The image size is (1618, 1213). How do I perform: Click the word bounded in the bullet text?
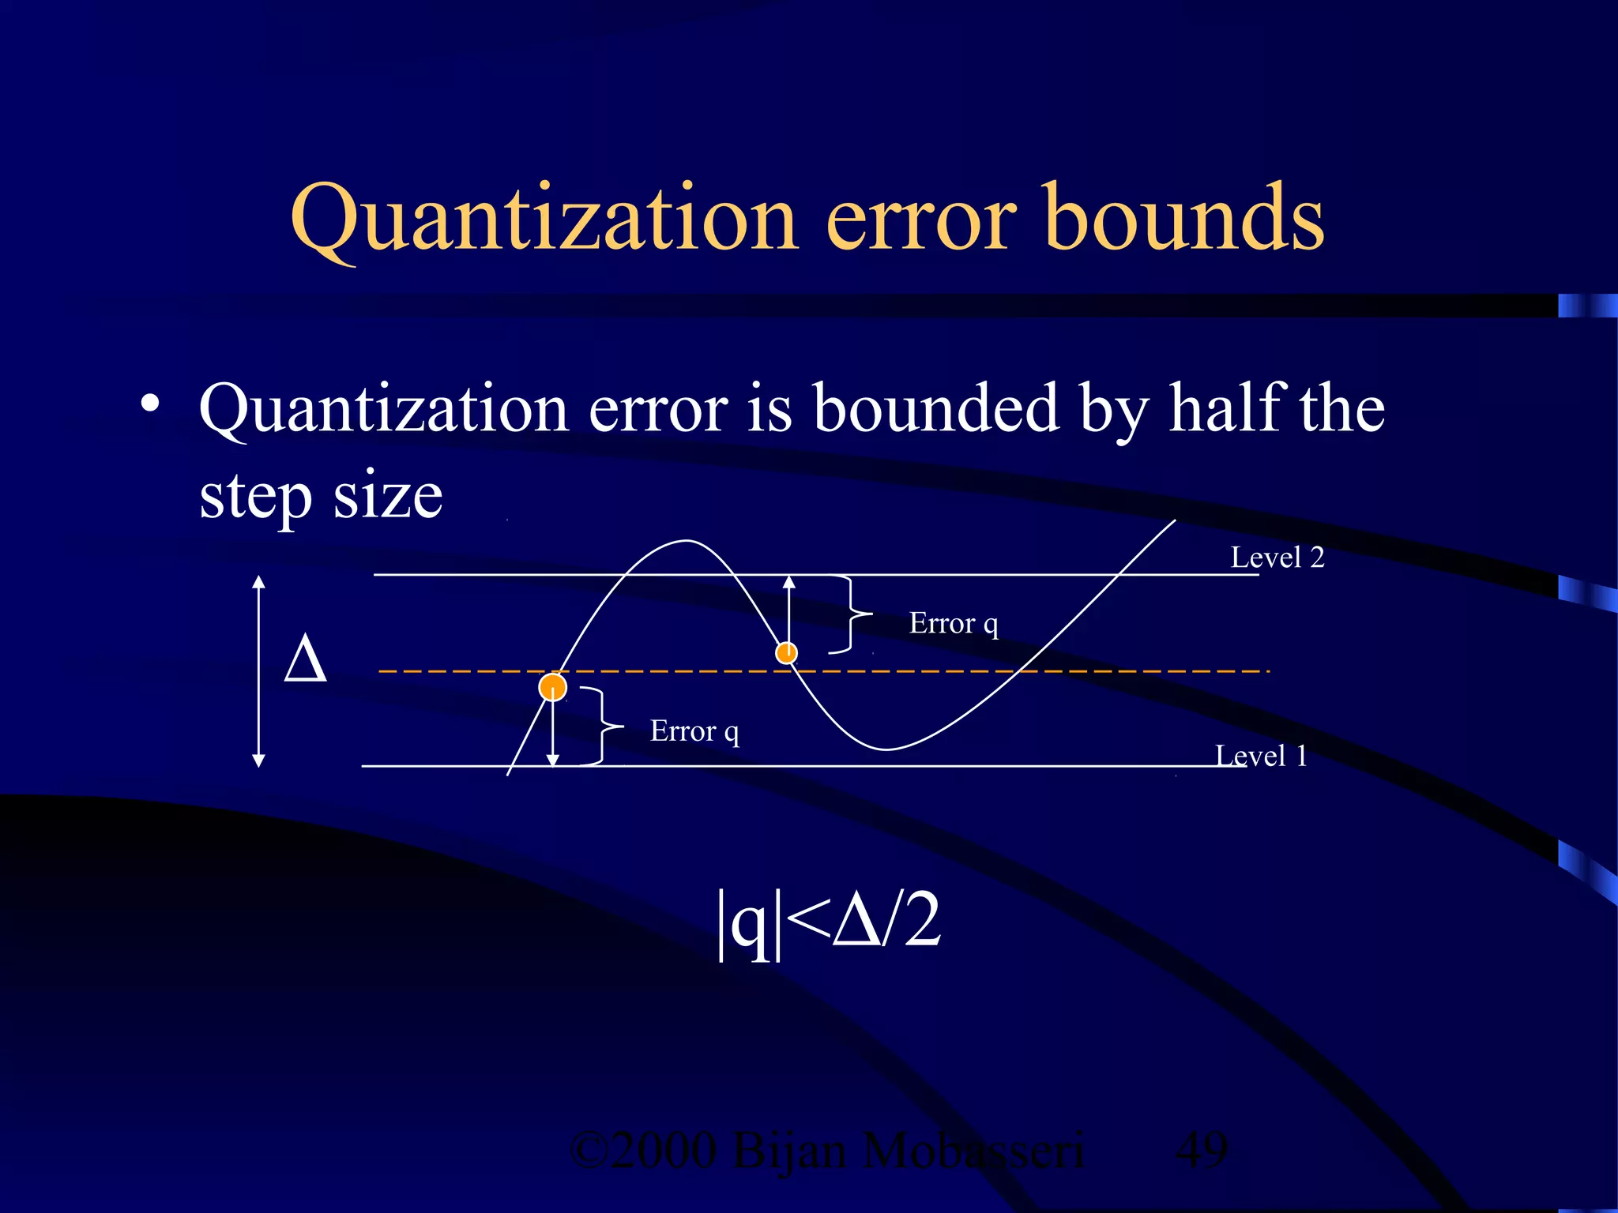(936, 408)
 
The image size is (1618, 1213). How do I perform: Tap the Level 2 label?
(1277, 558)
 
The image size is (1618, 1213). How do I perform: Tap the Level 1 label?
(1261, 756)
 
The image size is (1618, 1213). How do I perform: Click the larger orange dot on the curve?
(553, 687)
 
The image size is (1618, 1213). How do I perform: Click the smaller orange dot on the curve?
(786, 652)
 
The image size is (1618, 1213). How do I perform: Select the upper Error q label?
(954, 623)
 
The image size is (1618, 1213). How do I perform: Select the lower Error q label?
(694, 731)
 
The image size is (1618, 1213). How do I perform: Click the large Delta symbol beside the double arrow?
(305, 659)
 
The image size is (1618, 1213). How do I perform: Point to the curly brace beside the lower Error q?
(602, 726)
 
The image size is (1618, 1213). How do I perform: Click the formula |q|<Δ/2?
(828, 921)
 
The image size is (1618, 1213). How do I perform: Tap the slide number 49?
(1201, 1150)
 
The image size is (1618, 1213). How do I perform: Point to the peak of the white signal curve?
(686, 541)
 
